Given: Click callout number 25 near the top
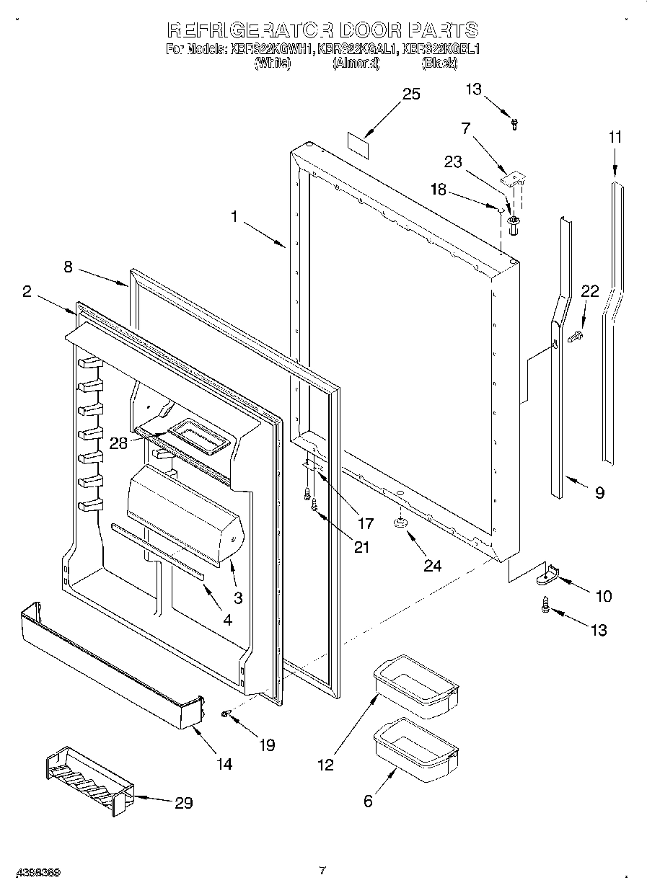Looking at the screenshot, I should pos(411,94).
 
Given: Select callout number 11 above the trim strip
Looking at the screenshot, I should pos(615,136).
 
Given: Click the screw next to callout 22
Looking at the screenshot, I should pos(575,337).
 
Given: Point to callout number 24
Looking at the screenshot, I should pos(432,566).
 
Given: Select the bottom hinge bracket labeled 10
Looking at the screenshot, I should pos(548,573).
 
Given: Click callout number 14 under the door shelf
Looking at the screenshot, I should pos(224,765).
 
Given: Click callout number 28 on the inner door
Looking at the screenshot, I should pos(118,443).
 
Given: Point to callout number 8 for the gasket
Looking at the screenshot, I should pos(68,266).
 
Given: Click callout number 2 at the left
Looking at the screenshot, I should pos(27,291).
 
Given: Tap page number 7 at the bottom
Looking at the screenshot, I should pos(322,871).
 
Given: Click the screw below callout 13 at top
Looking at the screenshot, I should pos(514,125).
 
